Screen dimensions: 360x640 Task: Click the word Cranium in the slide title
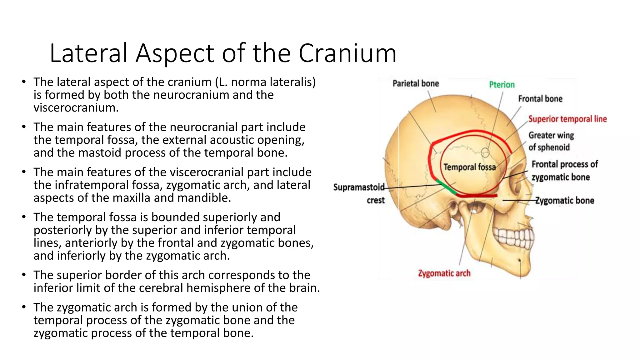click(347, 53)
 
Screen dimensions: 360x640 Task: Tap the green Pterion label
click(502, 85)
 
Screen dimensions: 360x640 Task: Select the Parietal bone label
click(416, 83)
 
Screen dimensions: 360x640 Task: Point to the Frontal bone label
click(540, 99)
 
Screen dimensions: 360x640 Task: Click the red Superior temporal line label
click(567, 119)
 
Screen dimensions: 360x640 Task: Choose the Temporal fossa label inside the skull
click(469, 167)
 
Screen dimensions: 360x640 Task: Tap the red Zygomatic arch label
click(444, 273)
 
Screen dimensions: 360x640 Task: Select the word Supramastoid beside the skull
click(359, 187)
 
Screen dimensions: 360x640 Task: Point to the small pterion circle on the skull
click(485, 152)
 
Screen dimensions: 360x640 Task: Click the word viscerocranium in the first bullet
click(76, 108)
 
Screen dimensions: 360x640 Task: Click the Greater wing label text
click(551, 135)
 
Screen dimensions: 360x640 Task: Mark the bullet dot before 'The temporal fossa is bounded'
click(24, 217)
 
